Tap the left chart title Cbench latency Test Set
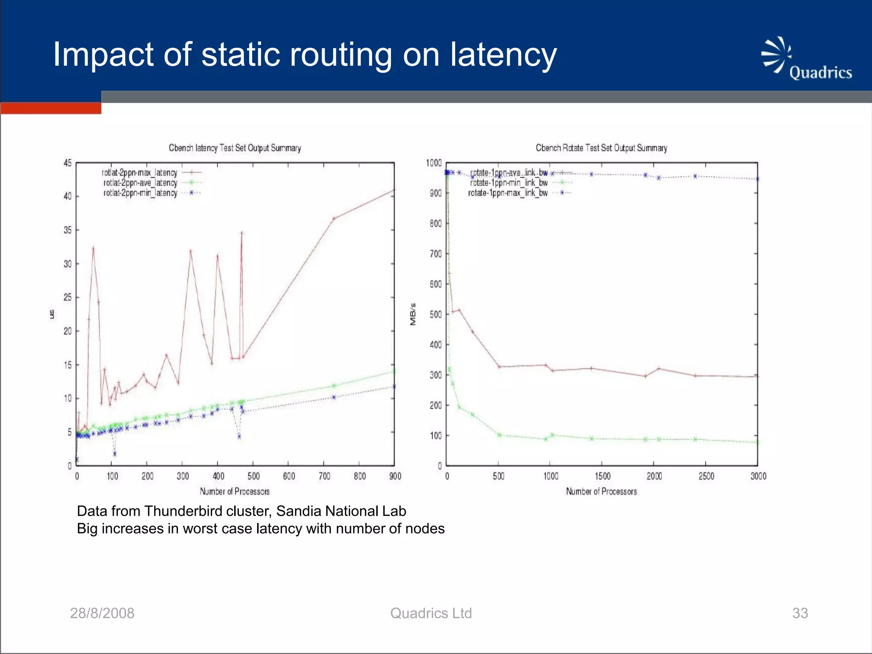[235, 148]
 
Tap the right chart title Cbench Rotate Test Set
[601, 148]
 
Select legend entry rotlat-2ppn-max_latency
[140, 172]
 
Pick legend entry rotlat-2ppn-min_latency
[140, 193]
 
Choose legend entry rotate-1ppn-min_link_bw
[508, 183]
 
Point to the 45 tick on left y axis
[68, 163]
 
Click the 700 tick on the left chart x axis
[324, 476]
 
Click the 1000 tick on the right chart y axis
[433, 163]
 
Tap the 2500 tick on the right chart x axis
[706, 476]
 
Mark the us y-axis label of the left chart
[52, 314]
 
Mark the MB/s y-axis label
[413, 314]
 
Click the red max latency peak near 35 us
[241, 233]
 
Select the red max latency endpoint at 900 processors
[394, 190]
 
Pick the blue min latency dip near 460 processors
[239, 436]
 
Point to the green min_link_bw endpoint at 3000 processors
[757, 442]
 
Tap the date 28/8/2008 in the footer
[102, 613]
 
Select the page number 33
[800, 613]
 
